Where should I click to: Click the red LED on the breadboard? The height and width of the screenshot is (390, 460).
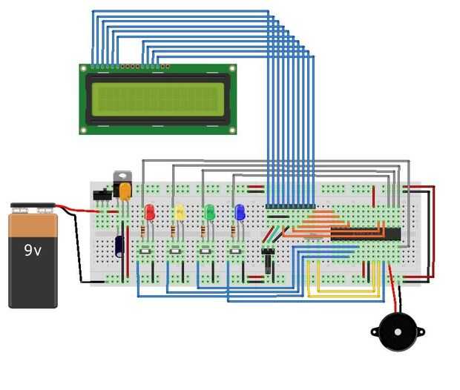click(x=149, y=212)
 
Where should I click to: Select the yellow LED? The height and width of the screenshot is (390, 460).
click(x=179, y=212)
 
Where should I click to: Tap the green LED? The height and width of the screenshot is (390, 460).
click(x=209, y=212)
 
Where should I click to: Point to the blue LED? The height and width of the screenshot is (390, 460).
click(x=240, y=212)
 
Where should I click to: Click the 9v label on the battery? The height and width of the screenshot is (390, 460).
click(x=33, y=251)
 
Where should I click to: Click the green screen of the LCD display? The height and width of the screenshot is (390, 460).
click(x=157, y=99)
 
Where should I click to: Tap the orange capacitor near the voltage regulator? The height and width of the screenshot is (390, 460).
click(x=125, y=191)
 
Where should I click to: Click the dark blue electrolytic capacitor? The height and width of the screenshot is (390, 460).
click(x=119, y=246)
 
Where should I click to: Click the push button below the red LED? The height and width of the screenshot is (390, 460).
click(x=145, y=254)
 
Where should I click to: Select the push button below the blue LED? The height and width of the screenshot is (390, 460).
click(x=236, y=254)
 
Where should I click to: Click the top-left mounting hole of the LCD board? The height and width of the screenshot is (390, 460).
click(x=84, y=68)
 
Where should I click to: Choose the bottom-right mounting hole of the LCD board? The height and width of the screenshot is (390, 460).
click(x=231, y=130)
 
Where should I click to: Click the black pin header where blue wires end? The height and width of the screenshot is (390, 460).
click(x=290, y=206)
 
